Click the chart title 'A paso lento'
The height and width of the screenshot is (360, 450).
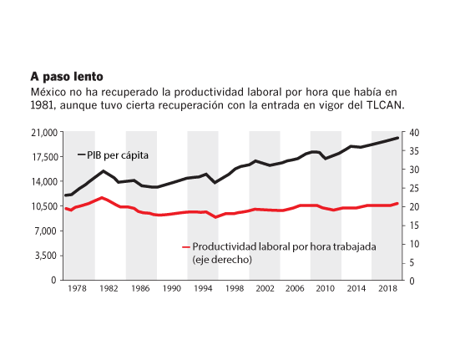coord(67,77)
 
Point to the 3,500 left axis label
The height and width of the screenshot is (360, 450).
coord(47,256)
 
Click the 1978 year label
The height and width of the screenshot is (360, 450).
coord(77,288)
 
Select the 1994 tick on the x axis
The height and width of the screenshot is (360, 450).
coord(203,288)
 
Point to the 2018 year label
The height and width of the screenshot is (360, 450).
coord(387,288)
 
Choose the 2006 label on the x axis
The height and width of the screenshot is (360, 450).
coord(295,288)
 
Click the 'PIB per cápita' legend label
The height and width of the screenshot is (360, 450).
coord(118,155)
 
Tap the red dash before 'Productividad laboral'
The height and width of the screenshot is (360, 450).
coord(186,247)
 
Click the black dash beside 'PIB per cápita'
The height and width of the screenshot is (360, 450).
coord(82,155)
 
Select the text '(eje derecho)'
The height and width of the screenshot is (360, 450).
coord(222,260)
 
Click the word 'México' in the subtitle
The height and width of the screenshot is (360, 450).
coord(48,92)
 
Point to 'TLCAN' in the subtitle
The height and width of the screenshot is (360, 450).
coord(386,105)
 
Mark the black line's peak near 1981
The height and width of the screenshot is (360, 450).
coord(104,171)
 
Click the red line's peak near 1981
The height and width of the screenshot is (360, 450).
coord(102,197)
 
